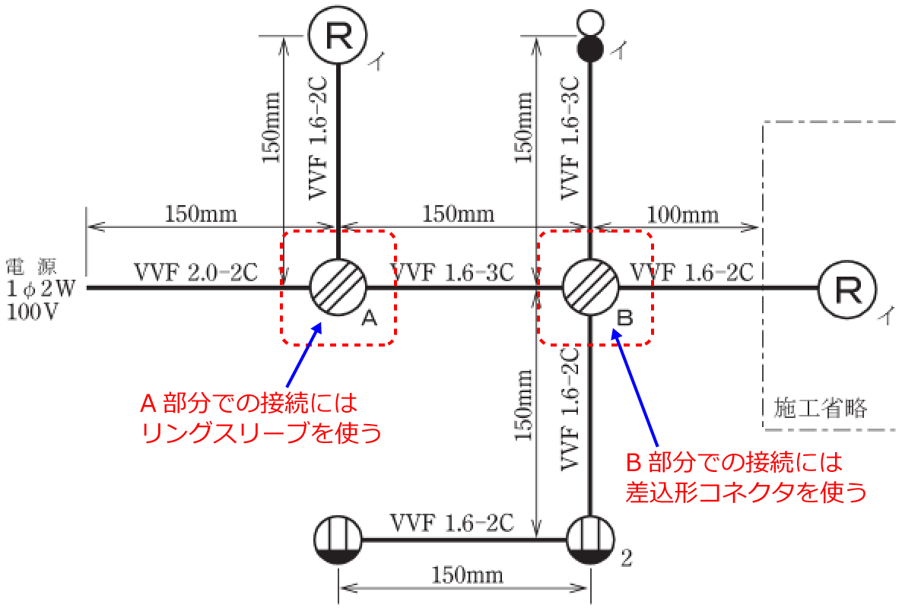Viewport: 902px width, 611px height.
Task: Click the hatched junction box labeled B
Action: point(590,288)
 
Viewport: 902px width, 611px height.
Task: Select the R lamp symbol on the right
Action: point(846,288)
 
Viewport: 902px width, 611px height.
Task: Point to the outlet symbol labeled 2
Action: point(590,540)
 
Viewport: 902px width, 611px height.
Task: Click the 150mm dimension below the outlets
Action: point(463,572)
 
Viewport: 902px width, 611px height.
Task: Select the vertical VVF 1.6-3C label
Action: point(572,138)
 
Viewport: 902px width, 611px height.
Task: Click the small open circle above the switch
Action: point(590,22)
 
